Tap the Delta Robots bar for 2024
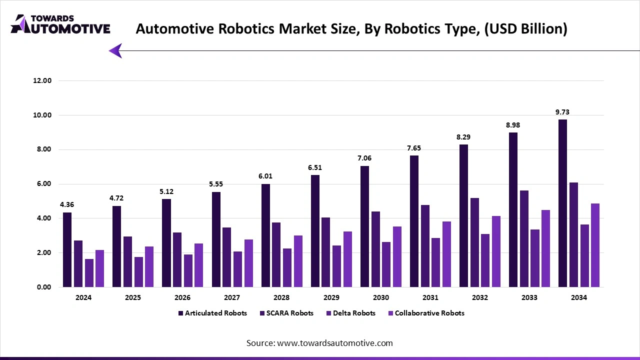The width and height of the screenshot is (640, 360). click(89, 273)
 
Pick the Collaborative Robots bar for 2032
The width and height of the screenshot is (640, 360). click(496, 251)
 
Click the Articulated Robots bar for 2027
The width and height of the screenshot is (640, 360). click(216, 239)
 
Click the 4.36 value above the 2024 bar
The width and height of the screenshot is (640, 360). click(67, 205)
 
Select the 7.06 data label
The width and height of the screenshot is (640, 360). click(364, 158)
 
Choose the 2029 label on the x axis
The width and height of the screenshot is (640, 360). click(331, 297)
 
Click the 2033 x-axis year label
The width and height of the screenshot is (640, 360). click(529, 297)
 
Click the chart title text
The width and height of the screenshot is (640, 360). click(351, 29)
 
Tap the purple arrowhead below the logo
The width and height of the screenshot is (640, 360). click(115, 50)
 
